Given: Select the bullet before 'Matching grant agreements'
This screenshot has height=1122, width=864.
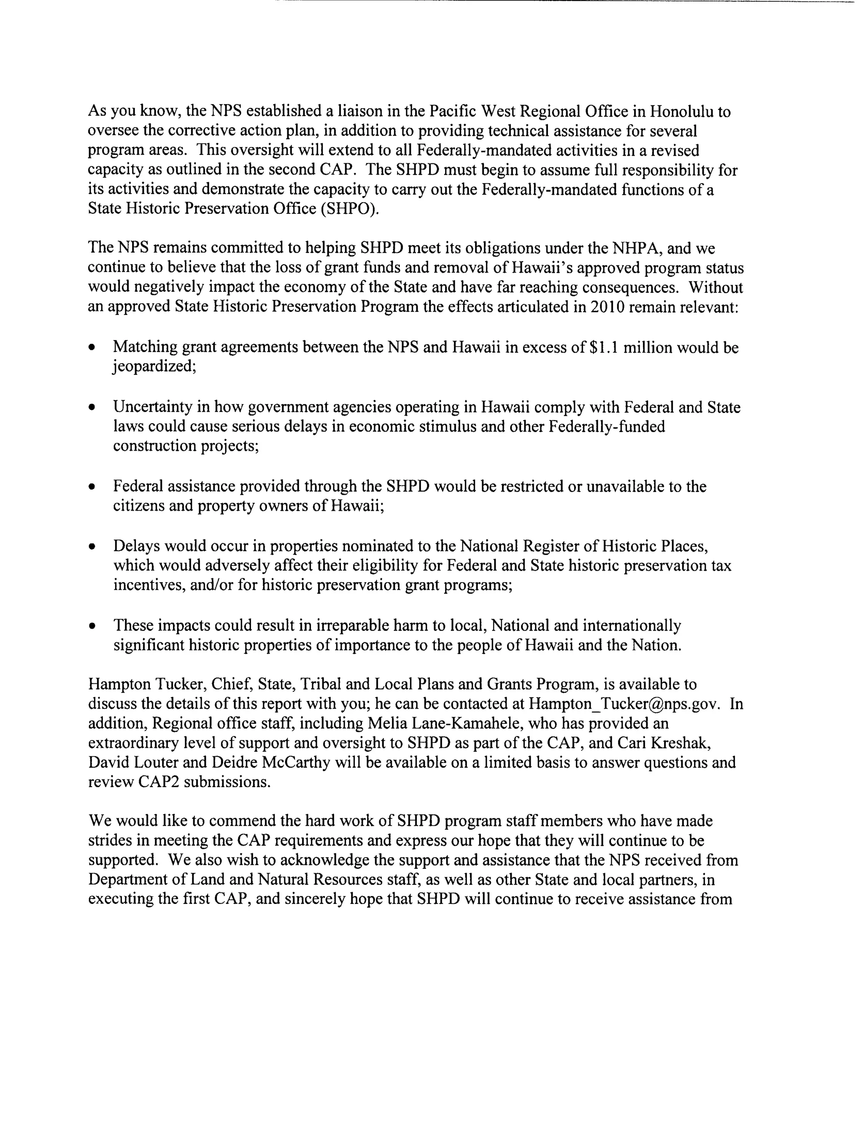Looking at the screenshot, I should tap(92, 348).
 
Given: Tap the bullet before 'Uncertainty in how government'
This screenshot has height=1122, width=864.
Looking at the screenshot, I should tap(92, 407).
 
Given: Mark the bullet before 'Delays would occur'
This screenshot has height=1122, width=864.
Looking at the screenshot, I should tap(92, 546).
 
